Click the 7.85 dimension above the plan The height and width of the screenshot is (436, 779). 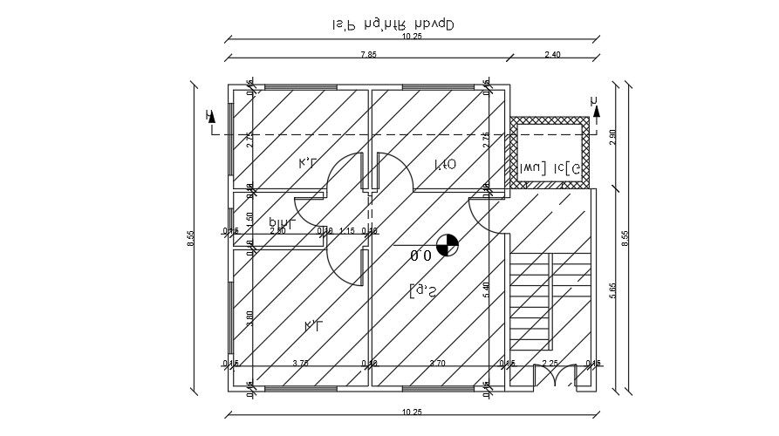pyautogui.click(x=368, y=55)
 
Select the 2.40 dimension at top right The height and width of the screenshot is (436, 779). pyautogui.click(x=552, y=55)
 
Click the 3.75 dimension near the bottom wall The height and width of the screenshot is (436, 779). pyautogui.click(x=300, y=363)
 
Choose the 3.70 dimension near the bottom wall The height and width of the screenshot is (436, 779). pyautogui.click(x=438, y=363)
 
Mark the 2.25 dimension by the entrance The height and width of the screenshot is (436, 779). pyautogui.click(x=550, y=363)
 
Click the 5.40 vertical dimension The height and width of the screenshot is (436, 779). pyautogui.click(x=486, y=290)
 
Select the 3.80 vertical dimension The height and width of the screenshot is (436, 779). pyautogui.click(x=249, y=320)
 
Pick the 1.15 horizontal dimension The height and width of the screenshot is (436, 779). pyautogui.click(x=347, y=231)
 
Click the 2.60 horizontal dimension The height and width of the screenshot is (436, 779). pyautogui.click(x=277, y=231)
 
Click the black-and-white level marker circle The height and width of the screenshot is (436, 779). pyautogui.click(x=448, y=245)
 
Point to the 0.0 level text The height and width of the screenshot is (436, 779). pyautogui.click(x=421, y=255)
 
